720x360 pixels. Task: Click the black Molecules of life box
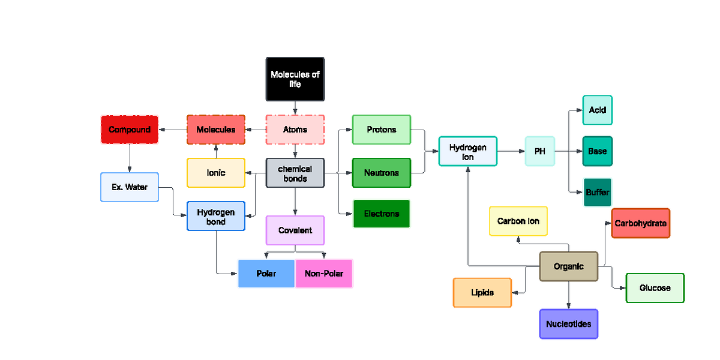click(295, 79)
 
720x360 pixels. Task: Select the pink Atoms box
click(295, 130)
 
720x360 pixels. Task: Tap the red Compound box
click(130, 130)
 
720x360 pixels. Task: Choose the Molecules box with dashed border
click(216, 130)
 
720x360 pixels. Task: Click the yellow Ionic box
click(216, 173)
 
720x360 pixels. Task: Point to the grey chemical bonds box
click(295, 173)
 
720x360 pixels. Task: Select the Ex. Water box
click(130, 187)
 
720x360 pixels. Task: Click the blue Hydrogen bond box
click(216, 217)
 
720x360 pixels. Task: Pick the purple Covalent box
click(295, 230)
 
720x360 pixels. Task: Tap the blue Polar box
click(266, 274)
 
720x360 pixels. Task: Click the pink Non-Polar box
click(324, 274)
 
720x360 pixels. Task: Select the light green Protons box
click(381, 130)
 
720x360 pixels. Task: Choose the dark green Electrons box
click(381, 214)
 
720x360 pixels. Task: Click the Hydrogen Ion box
click(468, 151)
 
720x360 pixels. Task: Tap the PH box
click(540, 151)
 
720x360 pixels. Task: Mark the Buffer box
click(597, 193)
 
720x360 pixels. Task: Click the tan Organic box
click(568, 266)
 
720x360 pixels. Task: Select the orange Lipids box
click(482, 293)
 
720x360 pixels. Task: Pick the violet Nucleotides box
click(568, 324)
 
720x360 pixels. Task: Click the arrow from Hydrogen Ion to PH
click(510, 151)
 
